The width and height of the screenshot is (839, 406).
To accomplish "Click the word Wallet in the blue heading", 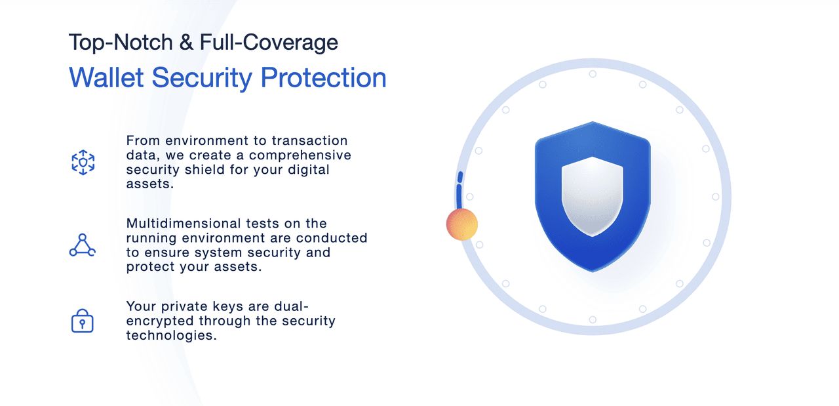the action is [106, 77].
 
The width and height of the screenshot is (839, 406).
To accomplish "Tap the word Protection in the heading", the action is [323, 77].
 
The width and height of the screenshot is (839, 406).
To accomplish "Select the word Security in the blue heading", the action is [203, 78].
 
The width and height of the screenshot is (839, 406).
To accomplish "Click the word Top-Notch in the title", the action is [121, 43].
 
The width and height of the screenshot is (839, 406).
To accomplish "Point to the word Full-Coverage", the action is [269, 43].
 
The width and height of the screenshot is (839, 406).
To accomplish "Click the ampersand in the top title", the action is [186, 43].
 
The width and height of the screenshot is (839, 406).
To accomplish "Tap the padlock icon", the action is [83, 321].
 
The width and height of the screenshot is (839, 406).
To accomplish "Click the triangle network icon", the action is [83, 245].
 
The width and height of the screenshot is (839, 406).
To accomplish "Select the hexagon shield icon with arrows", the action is [83, 162].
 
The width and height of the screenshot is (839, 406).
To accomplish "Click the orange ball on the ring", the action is [462, 224].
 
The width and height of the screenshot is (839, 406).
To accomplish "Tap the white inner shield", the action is [592, 196].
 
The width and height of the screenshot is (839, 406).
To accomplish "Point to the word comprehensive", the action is [300, 155].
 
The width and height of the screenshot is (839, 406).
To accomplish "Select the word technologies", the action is [172, 335].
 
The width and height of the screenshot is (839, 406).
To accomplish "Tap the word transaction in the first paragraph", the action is [310, 140].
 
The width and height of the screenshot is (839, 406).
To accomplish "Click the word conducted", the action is [332, 238].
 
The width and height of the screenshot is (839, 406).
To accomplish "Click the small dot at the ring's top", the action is [593, 74].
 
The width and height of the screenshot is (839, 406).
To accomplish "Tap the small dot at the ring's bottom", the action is [593, 319].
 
